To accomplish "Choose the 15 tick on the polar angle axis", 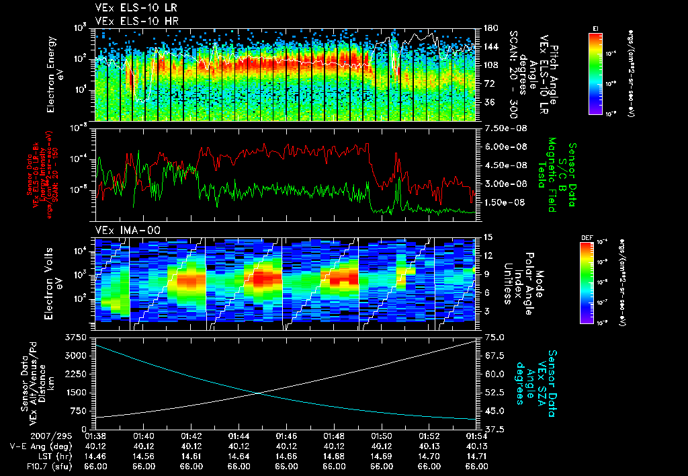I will (x=488, y=237).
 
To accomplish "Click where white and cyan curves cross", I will (x=259, y=393).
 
